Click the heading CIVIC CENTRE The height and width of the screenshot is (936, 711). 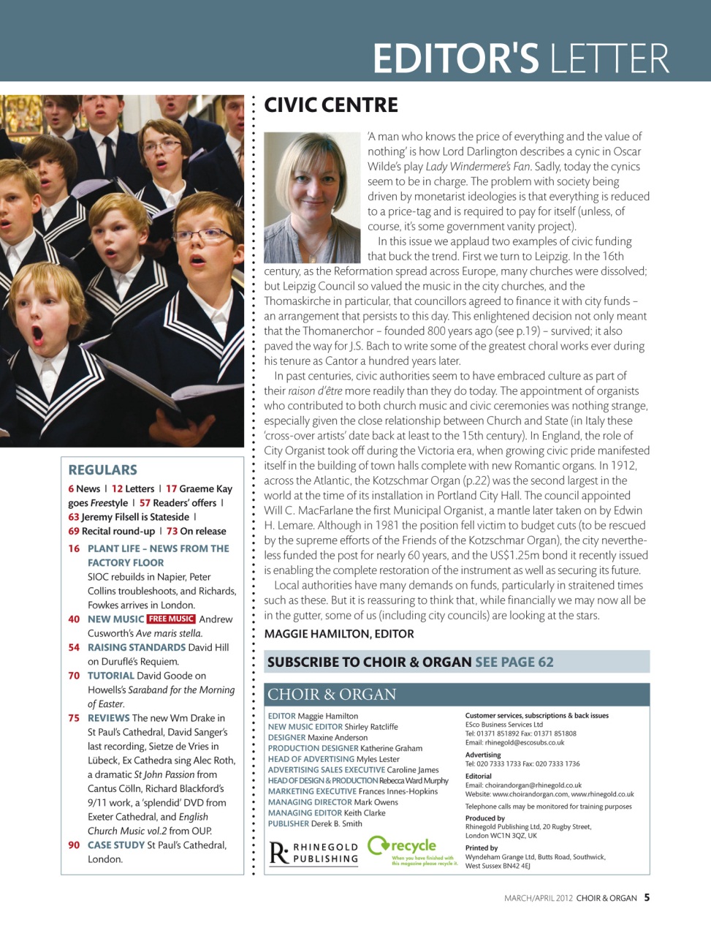pyautogui.click(x=331, y=105)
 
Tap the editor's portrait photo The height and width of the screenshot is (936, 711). pyautogui.click(x=312, y=197)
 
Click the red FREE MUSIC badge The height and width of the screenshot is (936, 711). pyautogui.click(x=171, y=619)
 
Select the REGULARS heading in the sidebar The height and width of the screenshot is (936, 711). pyautogui.click(x=102, y=470)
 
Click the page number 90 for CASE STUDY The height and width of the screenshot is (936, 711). pyautogui.click(x=74, y=845)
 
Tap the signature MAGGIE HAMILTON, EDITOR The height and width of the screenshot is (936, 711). pyautogui.click(x=339, y=634)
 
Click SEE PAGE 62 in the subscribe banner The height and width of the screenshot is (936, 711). pyautogui.click(x=514, y=663)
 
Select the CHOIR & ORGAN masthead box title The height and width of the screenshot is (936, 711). pyautogui.click(x=332, y=695)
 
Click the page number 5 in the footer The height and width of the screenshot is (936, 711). pyautogui.click(x=647, y=898)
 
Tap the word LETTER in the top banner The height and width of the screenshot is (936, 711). pyautogui.click(x=609, y=58)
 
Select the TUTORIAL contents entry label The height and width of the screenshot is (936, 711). pyautogui.click(x=111, y=676)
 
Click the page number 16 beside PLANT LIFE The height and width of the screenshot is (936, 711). pyautogui.click(x=74, y=548)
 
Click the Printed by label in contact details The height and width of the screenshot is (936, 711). pyautogui.click(x=482, y=848)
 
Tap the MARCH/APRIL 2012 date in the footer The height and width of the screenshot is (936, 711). pyautogui.click(x=539, y=898)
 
